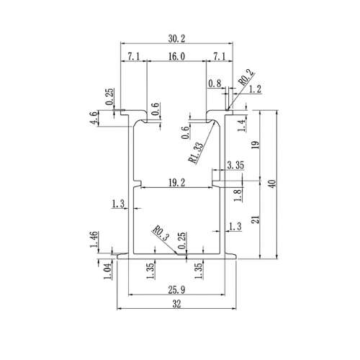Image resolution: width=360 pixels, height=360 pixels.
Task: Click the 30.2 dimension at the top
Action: [176, 39]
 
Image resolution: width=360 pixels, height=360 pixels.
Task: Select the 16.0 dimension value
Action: [176, 57]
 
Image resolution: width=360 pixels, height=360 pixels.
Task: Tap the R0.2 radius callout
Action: [246, 77]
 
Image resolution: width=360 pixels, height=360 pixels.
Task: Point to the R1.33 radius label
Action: [197, 153]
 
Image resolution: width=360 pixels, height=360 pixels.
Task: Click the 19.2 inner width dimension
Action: [176, 183]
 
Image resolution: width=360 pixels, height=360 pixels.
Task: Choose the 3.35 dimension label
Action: [235, 165]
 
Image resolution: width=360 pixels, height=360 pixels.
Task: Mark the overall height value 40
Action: [272, 184]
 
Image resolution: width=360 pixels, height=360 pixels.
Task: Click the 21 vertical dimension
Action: [256, 220]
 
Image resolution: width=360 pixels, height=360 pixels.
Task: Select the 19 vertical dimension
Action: [256, 145]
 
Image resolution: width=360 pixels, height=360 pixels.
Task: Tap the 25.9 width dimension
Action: [176, 290]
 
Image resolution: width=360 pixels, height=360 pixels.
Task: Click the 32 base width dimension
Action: [176, 304]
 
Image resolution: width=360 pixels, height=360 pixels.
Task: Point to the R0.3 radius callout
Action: [161, 233]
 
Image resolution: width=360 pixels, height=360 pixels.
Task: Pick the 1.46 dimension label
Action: [94, 240]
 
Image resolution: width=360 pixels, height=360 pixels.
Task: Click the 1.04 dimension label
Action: [107, 271]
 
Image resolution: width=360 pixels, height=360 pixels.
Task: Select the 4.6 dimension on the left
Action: [94, 117]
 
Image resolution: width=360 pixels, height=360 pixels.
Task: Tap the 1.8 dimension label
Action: [238, 195]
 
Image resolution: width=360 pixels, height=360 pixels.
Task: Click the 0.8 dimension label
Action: [215, 84]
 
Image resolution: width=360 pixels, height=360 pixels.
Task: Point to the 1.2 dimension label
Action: [255, 89]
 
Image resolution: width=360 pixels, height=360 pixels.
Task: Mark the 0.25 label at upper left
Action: [109, 96]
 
